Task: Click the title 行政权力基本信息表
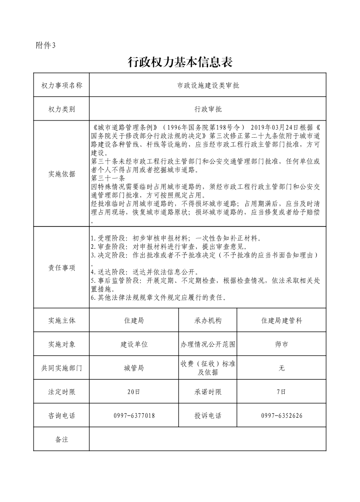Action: tap(180, 63)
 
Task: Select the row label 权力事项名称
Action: tap(62, 85)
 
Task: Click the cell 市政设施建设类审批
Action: tap(208, 85)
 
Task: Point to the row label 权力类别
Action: tap(62, 109)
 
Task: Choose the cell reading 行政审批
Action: tap(208, 109)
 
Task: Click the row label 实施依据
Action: tap(62, 174)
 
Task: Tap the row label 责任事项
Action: tap(62, 268)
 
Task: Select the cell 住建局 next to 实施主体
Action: tap(134, 320)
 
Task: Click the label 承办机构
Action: tap(208, 320)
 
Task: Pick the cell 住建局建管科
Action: tap(282, 320)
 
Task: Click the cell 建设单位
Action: tap(134, 344)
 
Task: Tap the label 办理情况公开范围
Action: tap(208, 344)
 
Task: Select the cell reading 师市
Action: tap(282, 344)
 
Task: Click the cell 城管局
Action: tap(134, 368)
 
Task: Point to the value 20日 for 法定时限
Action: tap(134, 392)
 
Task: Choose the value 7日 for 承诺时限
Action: tap(282, 392)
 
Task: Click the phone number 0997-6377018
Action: tap(134, 415)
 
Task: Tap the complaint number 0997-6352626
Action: tap(282, 415)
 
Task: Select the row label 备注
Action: tap(62, 439)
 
